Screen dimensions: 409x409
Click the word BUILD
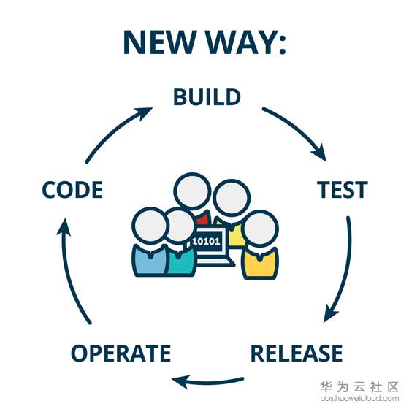pos(207,96)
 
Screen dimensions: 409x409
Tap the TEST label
pos(343,190)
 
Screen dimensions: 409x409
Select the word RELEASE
pos(297,353)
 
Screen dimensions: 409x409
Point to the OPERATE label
pos(121,353)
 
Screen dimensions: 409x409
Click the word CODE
pos(72,190)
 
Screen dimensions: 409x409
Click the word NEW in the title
pos(160,42)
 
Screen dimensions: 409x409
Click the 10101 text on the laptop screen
pos(206,241)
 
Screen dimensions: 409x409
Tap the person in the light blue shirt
pos(150,241)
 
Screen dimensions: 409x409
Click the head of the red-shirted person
pos(193,191)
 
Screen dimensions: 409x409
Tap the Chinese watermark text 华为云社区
pos(359,387)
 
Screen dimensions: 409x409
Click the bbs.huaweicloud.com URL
pos(359,398)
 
